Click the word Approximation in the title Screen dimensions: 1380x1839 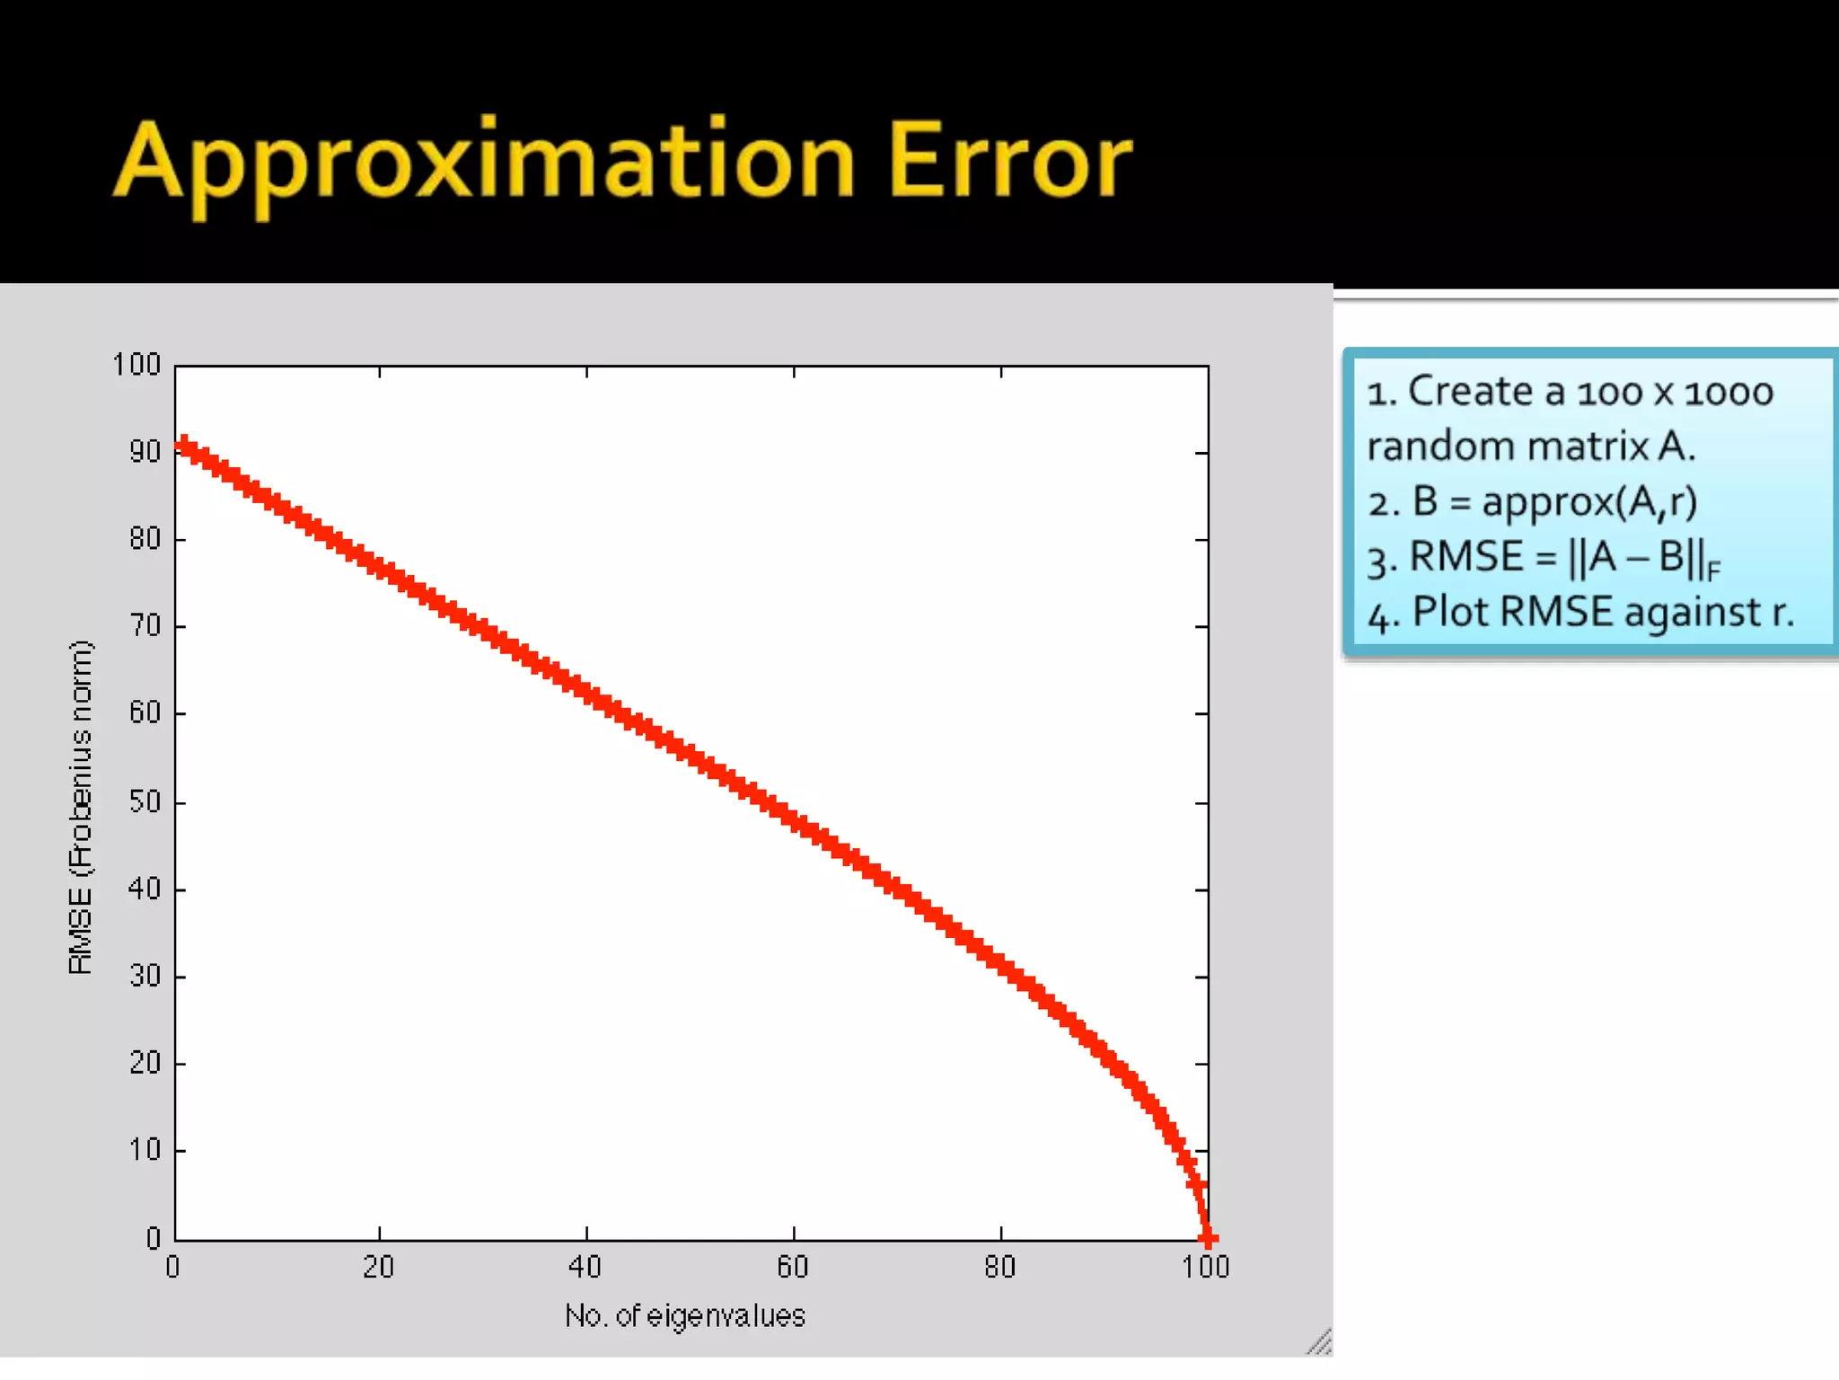(485, 162)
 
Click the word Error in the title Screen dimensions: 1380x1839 (1010, 162)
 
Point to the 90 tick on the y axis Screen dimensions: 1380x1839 (145, 452)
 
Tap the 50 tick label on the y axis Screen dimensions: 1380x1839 (145, 801)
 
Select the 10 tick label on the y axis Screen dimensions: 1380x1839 (145, 1150)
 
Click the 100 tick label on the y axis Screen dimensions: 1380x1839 (136, 365)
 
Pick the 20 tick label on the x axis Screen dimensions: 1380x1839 (379, 1268)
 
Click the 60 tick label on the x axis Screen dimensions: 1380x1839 (793, 1268)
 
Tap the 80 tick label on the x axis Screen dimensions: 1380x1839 (1000, 1268)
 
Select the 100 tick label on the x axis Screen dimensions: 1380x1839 (1205, 1268)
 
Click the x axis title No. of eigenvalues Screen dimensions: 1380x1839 (685, 1316)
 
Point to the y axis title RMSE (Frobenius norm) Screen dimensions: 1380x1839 (80, 807)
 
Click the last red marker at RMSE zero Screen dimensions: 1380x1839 (1208, 1239)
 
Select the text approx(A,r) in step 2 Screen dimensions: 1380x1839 (1589, 502)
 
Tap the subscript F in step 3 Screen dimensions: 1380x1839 (1713, 570)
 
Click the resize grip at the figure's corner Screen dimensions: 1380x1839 (1319, 1343)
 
